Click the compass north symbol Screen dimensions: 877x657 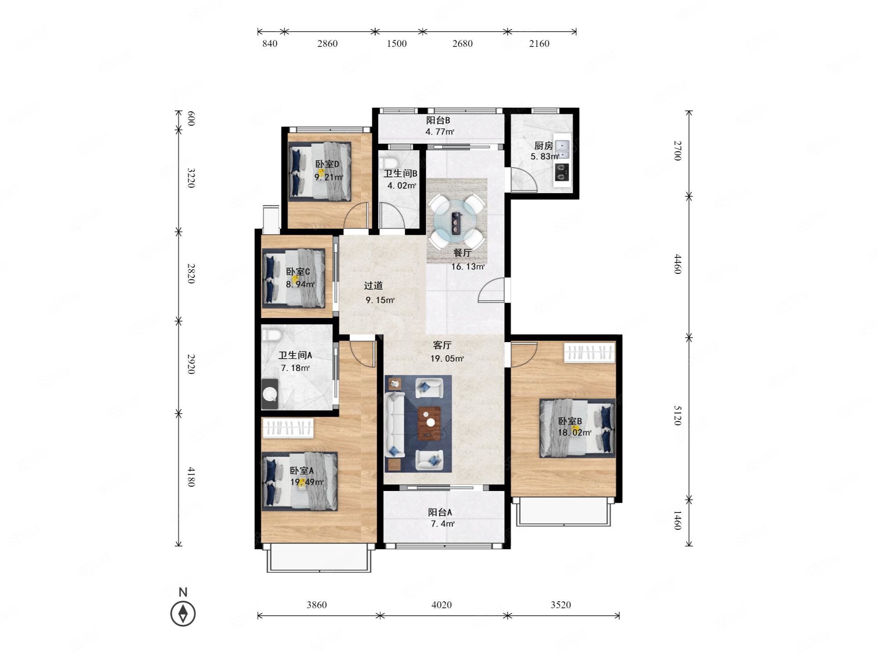click(183, 613)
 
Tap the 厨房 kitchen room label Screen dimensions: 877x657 click(543, 146)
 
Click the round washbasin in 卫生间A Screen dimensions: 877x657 click(270, 394)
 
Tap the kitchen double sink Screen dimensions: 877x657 click(563, 149)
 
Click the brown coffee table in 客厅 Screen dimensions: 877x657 click(430, 423)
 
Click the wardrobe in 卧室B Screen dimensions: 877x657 click(589, 353)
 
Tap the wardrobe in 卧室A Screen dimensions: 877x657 click(288, 427)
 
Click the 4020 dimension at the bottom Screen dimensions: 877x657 click(442, 605)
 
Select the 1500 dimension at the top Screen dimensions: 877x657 click(396, 43)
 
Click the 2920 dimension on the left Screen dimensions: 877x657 click(191, 364)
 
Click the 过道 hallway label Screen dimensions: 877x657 click(374, 286)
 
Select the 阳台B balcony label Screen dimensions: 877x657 click(438, 120)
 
